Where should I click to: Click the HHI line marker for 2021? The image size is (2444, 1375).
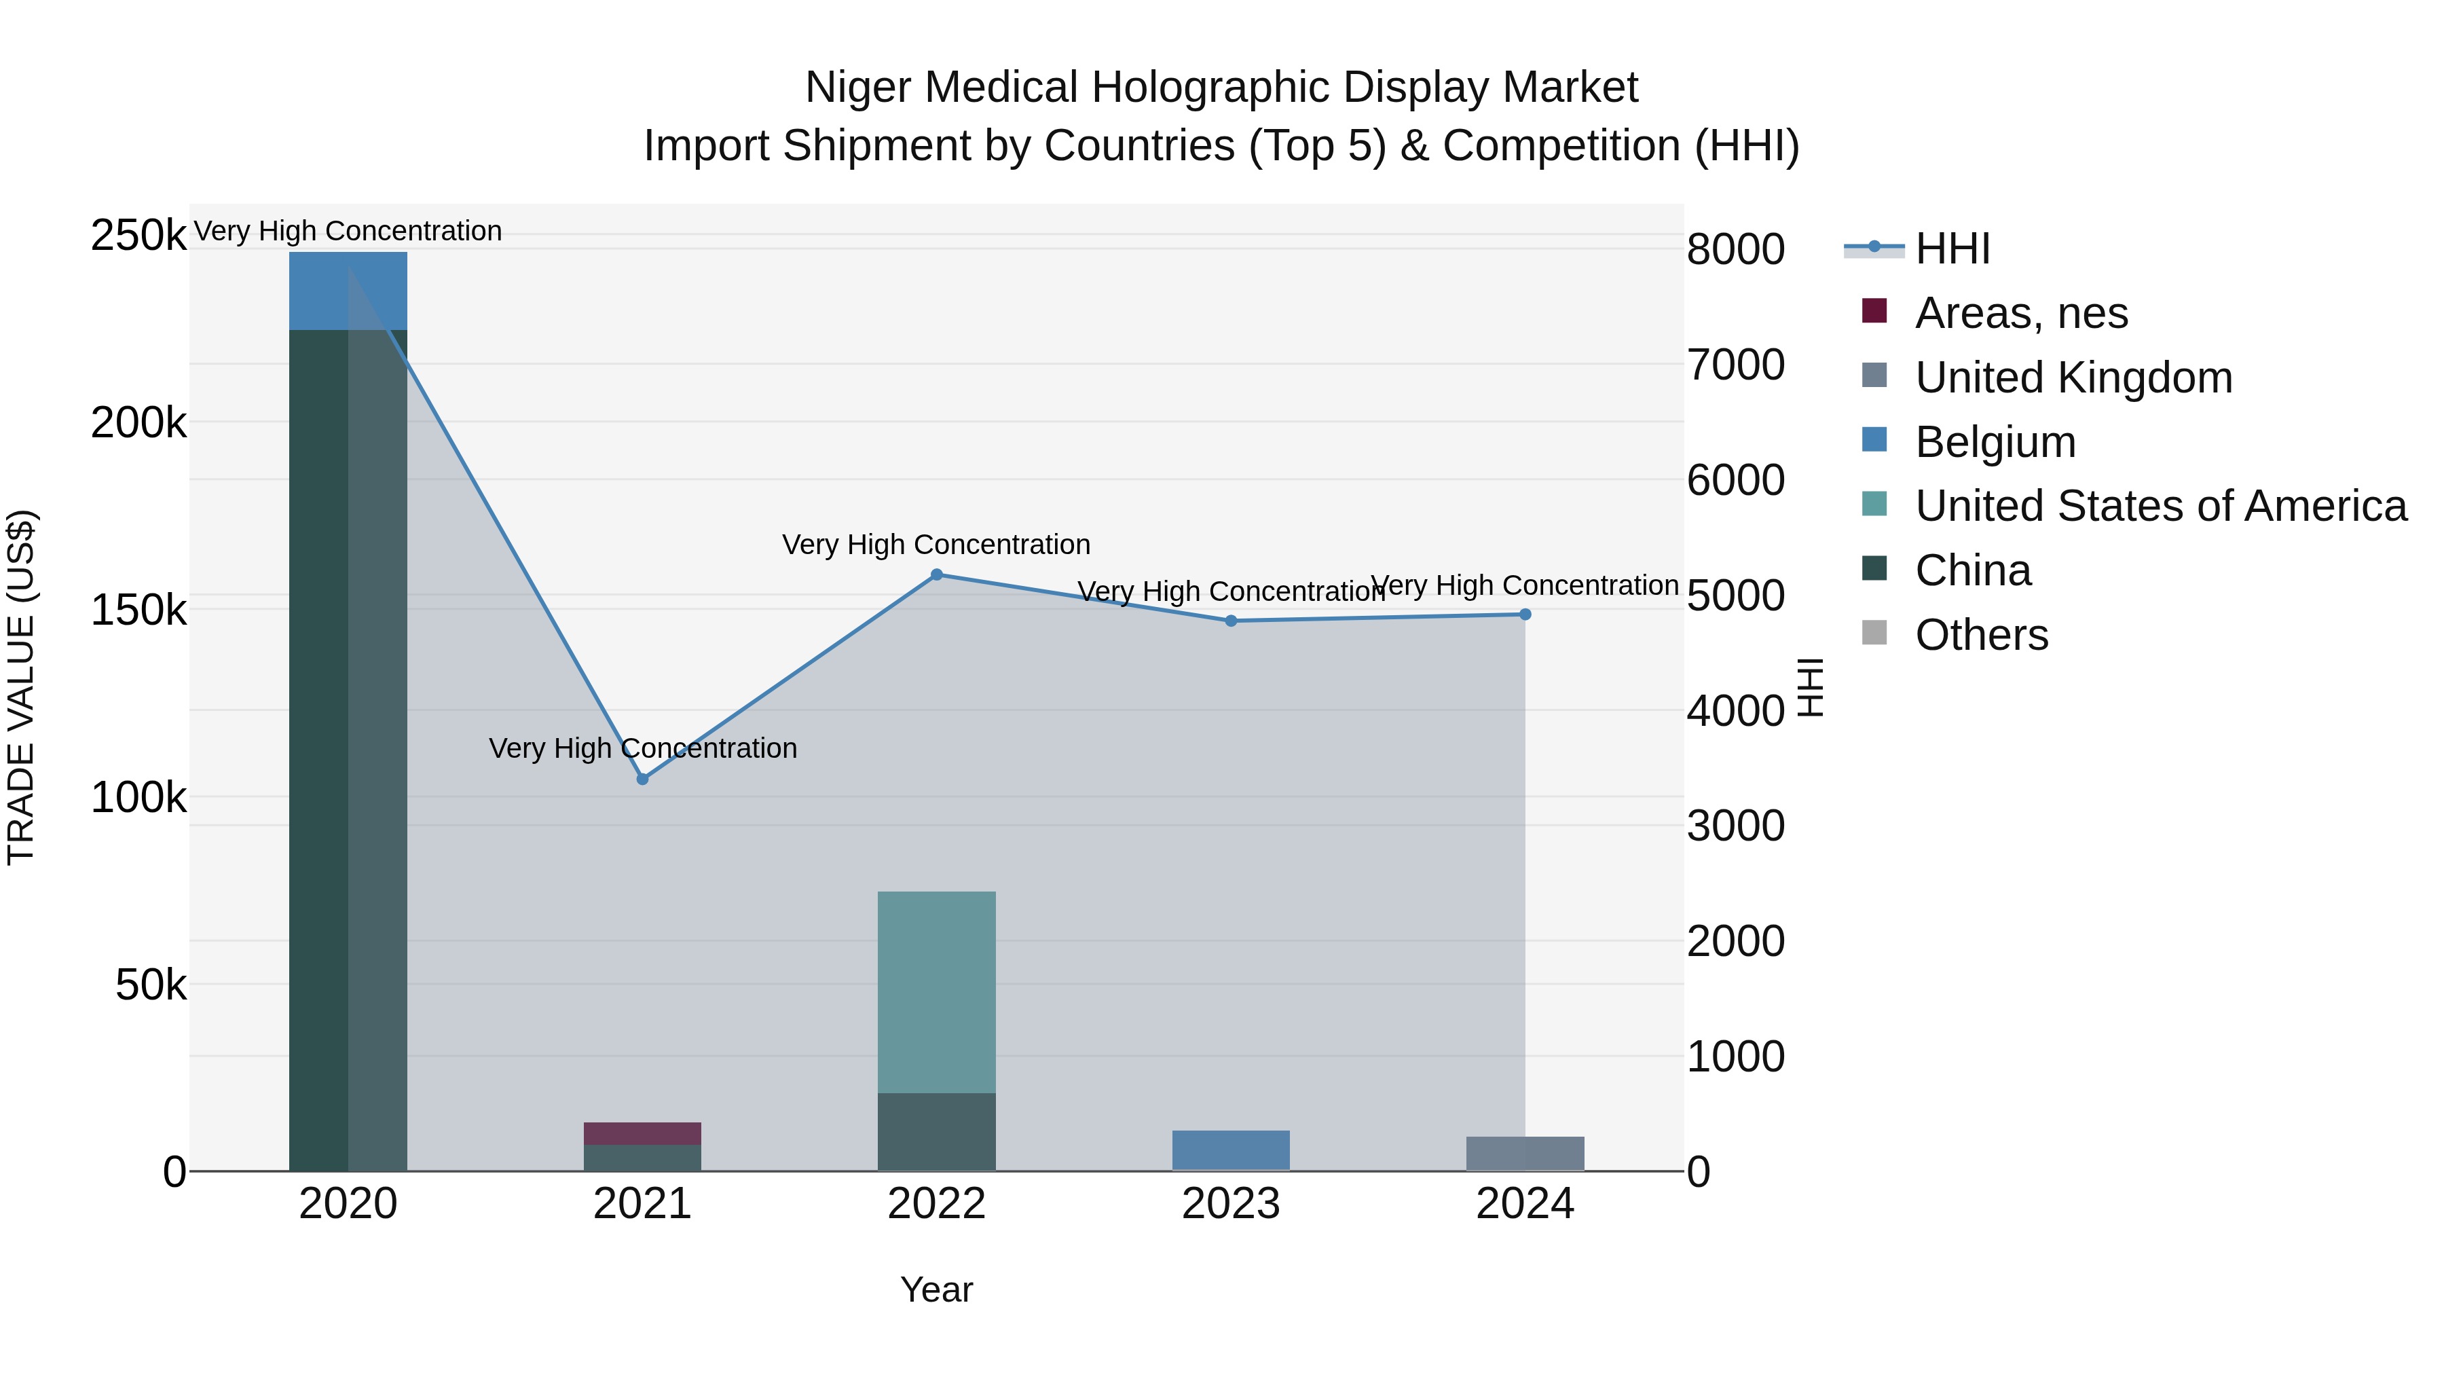click(642, 779)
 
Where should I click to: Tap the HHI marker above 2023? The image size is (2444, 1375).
click(1231, 621)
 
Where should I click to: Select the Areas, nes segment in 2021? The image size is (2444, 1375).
click(642, 1134)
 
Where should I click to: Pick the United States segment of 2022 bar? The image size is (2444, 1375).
click(936, 991)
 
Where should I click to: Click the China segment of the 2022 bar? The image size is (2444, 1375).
click(936, 1131)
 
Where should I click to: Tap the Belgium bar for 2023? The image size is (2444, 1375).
click(1231, 1150)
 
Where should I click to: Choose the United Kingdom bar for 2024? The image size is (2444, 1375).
click(1525, 1153)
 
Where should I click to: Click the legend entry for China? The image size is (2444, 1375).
click(1972, 570)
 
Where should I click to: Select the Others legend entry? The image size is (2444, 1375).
click(1981, 635)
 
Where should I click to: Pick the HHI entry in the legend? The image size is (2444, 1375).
click(1952, 249)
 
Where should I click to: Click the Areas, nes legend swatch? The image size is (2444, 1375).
click(1874, 311)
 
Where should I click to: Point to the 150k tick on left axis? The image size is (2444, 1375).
click(138, 610)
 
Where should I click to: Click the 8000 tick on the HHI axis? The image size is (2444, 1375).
click(1735, 250)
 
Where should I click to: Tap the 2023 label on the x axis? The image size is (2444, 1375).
click(1231, 1204)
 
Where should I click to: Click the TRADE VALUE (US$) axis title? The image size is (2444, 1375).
click(21, 687)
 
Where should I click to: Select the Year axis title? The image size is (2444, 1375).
click(936, 1289)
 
